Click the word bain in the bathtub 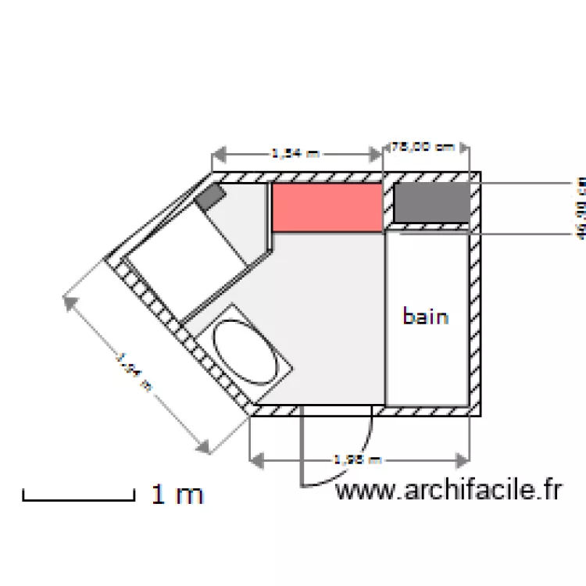[x=426, y=316]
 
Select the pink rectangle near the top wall [x=327, y=207]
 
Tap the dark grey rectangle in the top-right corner [x=431, y=203]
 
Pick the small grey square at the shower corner [x=209, y=197]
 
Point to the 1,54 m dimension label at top [x=295, y=154]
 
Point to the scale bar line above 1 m [x=79, y=498]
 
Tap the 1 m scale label [x=177, y=495]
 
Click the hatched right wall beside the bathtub [x=474, y=320]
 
